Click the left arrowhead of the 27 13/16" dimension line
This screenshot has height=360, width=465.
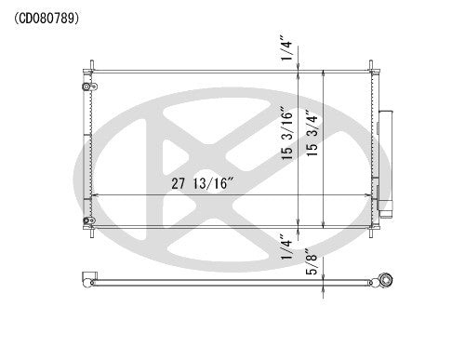pos(94,194)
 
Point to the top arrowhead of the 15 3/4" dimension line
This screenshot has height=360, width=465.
pos(323,73)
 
